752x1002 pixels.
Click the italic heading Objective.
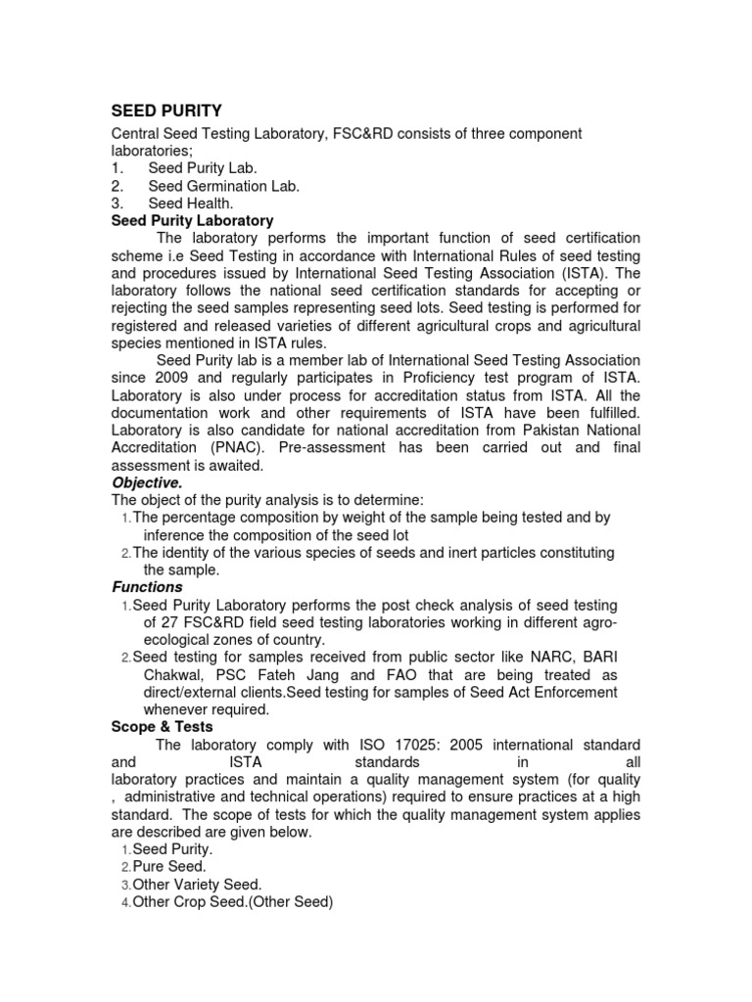(x=147, y=483)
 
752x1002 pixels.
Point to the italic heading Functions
(x=148, y=587)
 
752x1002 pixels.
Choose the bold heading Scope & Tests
(x=161, y=727)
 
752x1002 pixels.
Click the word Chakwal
(x=178, y=675)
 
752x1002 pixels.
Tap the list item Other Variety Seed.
(x=197, y=885)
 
